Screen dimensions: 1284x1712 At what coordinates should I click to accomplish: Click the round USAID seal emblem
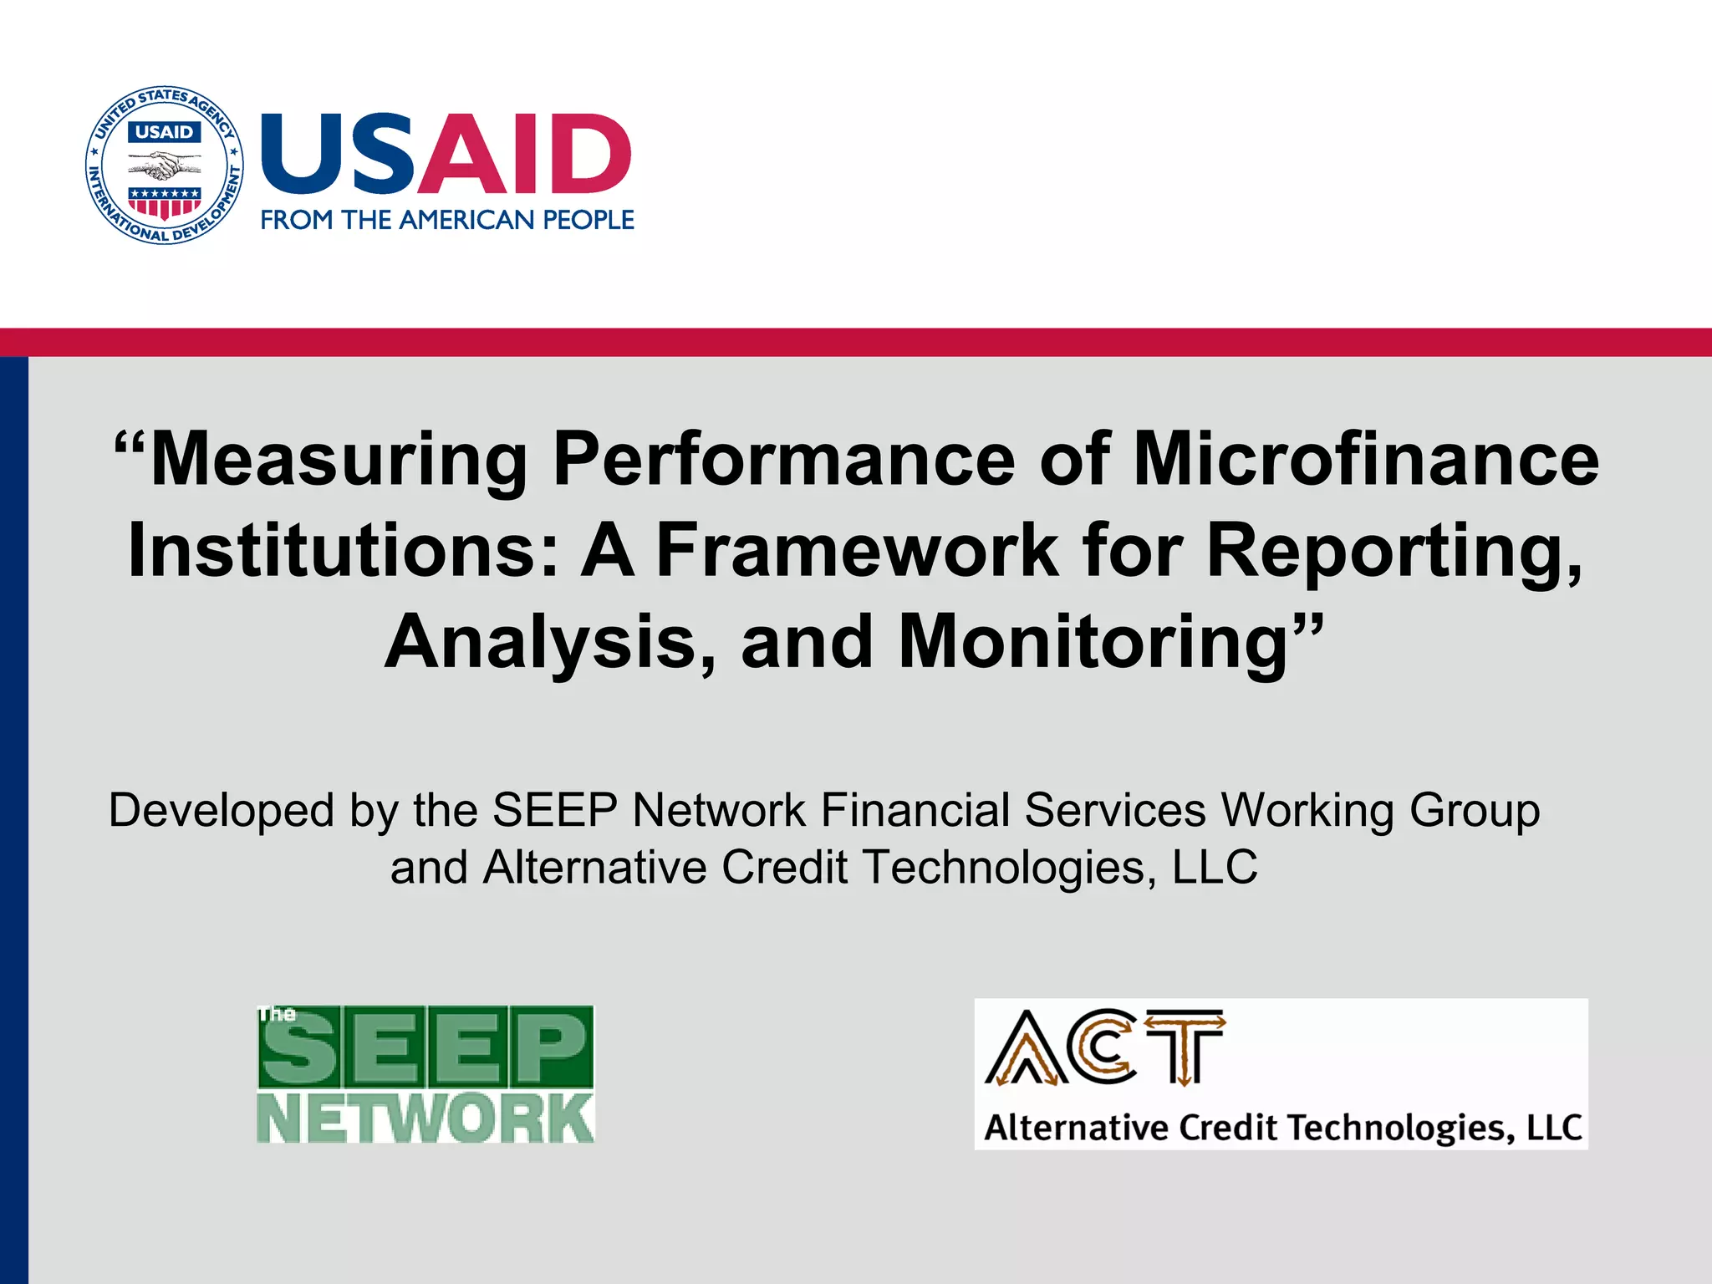[165, 165]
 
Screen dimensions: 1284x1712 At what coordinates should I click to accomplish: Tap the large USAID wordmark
[446, 154]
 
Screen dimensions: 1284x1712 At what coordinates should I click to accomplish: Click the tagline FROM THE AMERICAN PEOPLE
[447, 220]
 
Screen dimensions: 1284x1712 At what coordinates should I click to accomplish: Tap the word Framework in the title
[857, 551]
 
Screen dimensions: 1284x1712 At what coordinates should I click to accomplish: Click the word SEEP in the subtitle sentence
[555, 811]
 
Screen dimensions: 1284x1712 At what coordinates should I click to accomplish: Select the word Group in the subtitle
[1475, 811]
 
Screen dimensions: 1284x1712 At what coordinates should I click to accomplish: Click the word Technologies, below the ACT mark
[1401, 1128]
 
